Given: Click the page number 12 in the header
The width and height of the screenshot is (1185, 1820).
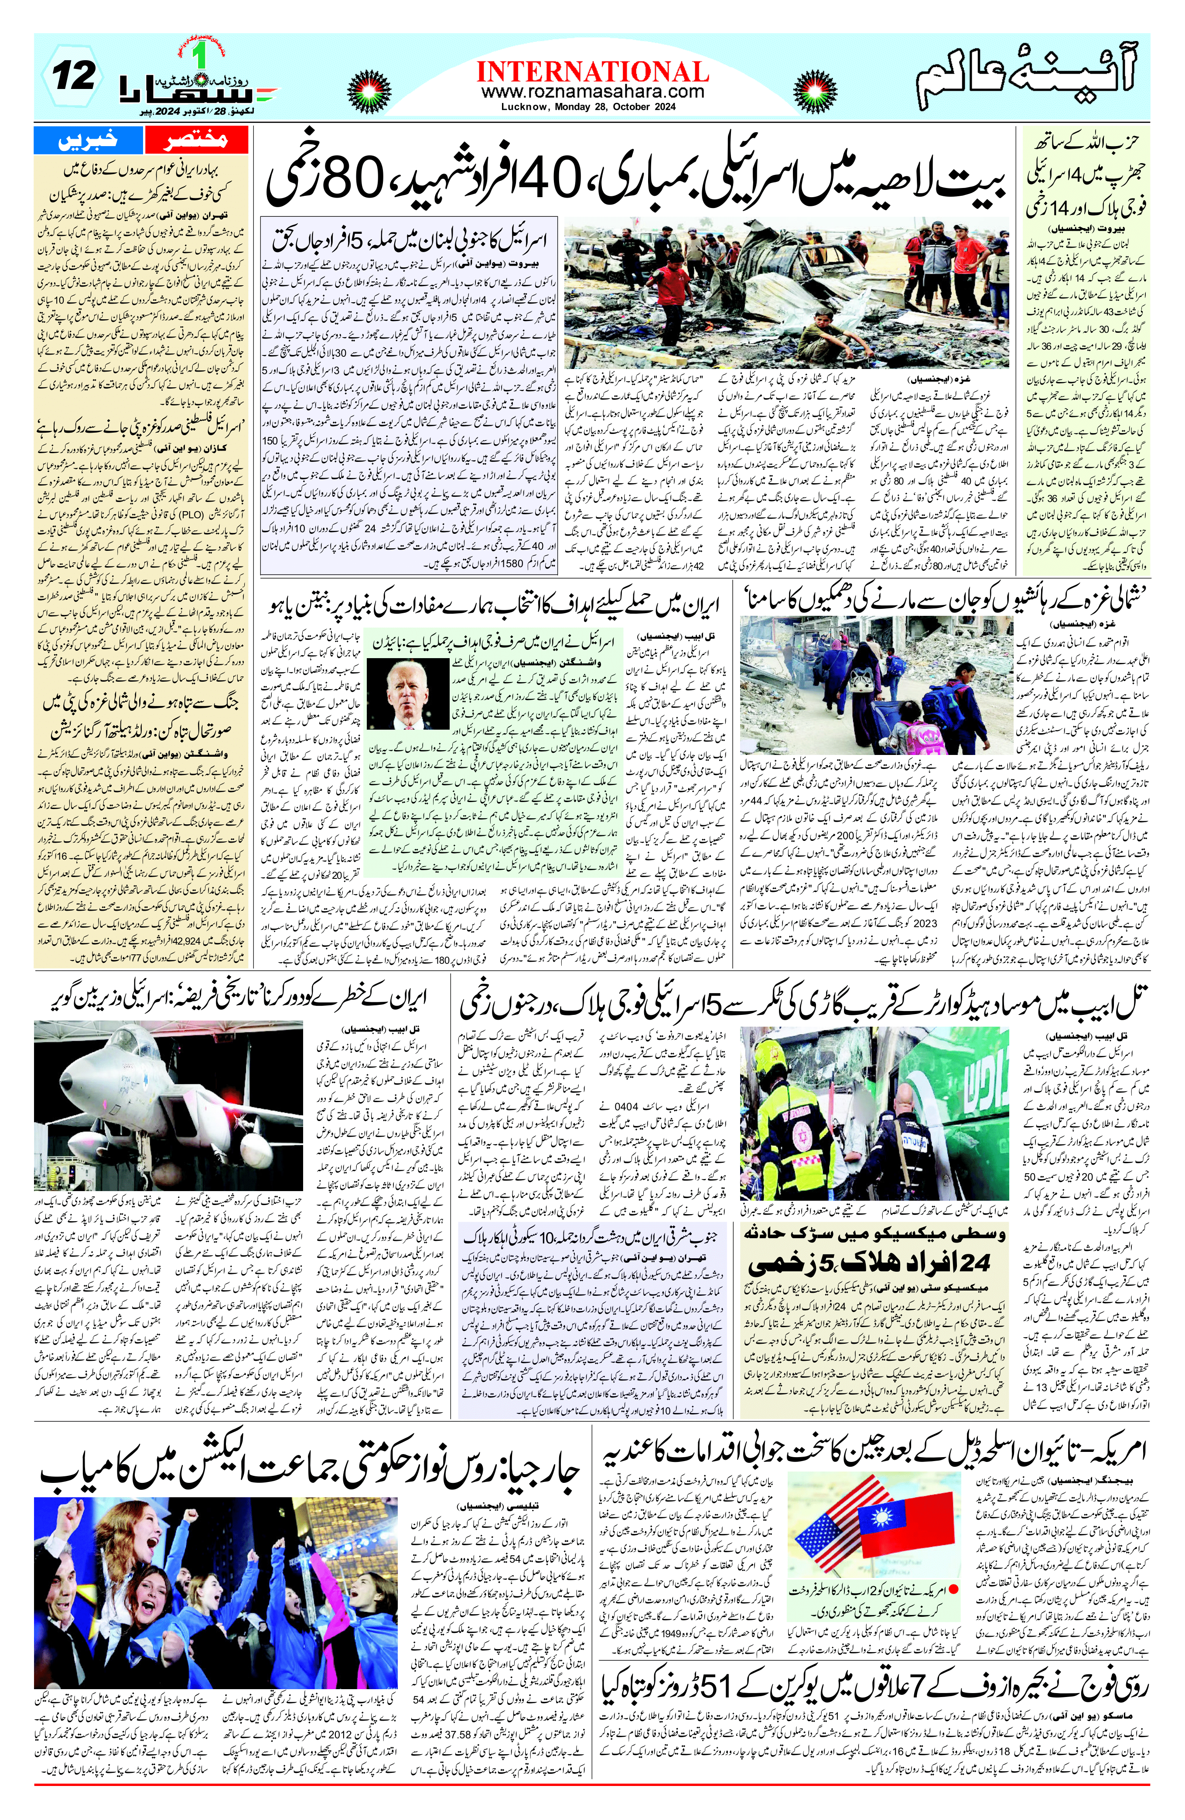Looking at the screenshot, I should pos(74,76).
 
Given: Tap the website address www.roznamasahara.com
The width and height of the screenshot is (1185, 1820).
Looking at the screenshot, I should pos(592,92).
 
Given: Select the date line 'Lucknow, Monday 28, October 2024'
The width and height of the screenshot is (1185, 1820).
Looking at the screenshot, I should pos(592,107).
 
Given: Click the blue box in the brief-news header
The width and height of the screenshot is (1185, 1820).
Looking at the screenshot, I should pos(88,140).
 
